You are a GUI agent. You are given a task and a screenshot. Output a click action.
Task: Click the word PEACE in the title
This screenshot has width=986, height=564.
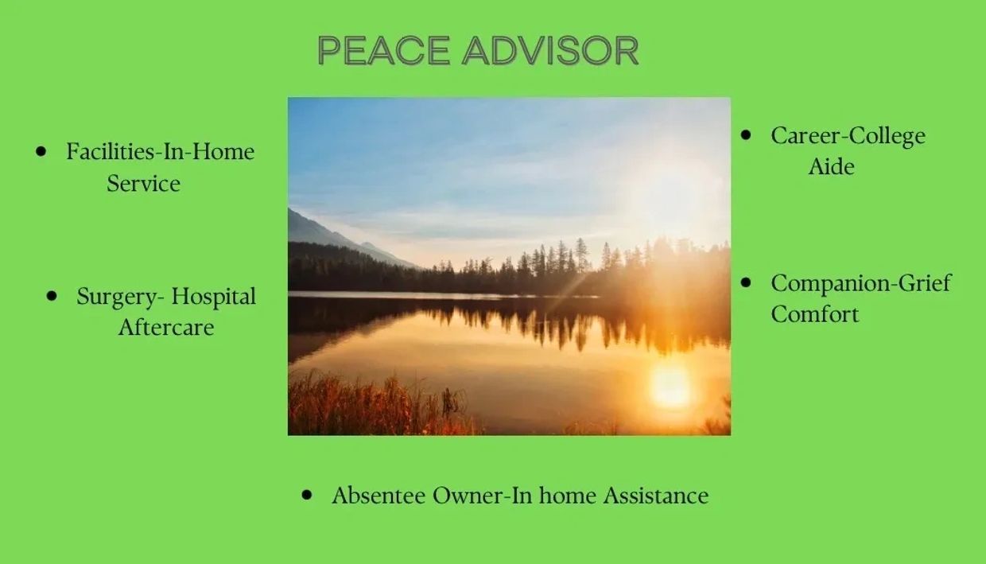click(383, 50)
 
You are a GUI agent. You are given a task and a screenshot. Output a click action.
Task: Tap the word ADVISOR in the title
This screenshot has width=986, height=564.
click(550, 50)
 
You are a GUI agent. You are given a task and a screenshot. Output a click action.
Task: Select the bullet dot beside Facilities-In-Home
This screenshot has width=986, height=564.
click(41, 151)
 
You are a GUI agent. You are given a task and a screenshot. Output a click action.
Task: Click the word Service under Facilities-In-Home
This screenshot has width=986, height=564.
click(143, 183)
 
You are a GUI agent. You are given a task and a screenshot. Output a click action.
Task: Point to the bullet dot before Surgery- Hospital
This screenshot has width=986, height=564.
click(52, 296)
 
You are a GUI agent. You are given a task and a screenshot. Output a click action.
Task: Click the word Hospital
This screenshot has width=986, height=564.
click(213, 297)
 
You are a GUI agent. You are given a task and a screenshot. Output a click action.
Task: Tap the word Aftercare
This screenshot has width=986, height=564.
click(166, 327)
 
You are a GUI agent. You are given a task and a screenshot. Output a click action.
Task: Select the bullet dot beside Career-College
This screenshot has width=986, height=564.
click(746, 134)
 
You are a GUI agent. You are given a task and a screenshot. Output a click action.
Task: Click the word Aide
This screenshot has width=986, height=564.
click(831, 166)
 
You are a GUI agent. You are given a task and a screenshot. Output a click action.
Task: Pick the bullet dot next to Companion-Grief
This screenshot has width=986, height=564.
click(746, 282)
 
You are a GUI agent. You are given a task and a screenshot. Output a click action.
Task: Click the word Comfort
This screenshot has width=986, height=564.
click(815, 314)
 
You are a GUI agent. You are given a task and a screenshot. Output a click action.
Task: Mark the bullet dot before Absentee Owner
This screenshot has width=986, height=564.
click(307, 495)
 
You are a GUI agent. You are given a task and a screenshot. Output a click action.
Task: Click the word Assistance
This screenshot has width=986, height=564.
click(656, 496)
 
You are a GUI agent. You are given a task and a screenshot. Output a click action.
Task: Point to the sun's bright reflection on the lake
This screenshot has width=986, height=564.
click(670, 386)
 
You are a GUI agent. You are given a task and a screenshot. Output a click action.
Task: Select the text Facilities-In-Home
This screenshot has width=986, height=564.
click(161, 151)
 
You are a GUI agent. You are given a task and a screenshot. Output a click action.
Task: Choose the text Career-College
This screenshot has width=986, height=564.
click(848, 136)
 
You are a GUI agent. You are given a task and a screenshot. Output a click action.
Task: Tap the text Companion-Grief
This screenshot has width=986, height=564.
click(861, 283)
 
